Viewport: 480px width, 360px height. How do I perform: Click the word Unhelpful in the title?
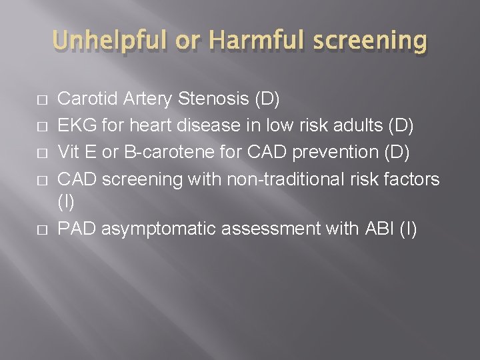(113, 41)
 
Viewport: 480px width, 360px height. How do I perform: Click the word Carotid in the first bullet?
(83, 99)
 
